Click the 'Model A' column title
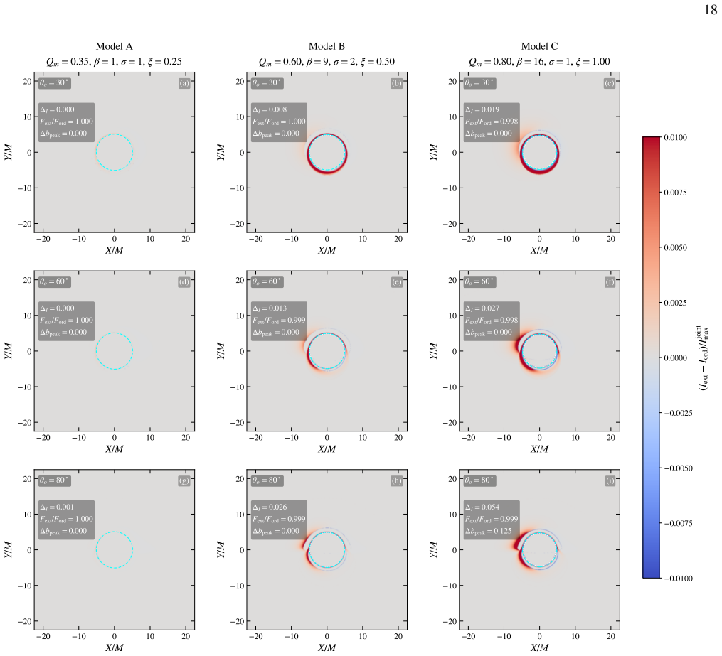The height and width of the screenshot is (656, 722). pos(115,46)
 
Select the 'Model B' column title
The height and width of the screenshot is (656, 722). pos(327,46)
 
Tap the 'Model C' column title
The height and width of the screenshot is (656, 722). pos(539,46)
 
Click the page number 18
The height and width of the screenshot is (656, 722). pos(711,10)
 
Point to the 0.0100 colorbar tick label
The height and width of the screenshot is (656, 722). pos(676,138)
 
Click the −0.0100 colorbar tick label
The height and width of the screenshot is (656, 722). pos(679,579)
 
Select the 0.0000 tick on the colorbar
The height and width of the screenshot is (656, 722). pos(676,358)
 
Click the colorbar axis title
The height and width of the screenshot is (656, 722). pos(704,358)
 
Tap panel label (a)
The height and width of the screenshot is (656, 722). pos(184,83)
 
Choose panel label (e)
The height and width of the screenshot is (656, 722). pos(397,282)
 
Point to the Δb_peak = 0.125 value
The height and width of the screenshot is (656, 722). pos(489,532)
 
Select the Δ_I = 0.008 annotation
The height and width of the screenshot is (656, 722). pos(270,109)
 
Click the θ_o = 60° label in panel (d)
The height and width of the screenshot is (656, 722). pos(54,281)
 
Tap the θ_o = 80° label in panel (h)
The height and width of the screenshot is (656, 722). pos(267,480)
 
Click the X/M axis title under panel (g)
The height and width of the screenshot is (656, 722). pos(115,647)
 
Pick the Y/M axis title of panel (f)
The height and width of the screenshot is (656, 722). pos(433,351)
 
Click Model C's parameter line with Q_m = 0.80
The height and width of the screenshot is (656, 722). pos(539,62)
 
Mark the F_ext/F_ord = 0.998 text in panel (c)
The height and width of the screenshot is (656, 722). pos(492,122)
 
